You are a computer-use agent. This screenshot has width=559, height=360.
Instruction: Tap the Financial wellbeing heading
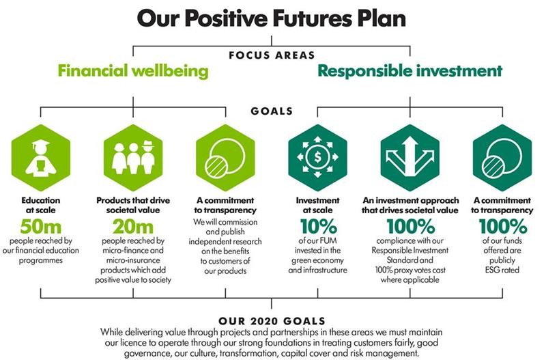point(133,71)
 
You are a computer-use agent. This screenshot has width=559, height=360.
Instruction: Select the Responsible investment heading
point(410,71)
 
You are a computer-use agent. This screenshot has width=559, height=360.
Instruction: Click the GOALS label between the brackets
point(272,111)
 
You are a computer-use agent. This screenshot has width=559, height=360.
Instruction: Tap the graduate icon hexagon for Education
point(41,157)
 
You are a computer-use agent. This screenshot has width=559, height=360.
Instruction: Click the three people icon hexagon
point(133,157)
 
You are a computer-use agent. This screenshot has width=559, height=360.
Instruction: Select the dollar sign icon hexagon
point(317,157)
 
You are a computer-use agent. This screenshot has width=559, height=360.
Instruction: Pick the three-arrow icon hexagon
point(410,157)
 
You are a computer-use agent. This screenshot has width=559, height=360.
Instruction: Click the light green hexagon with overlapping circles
point(225,157)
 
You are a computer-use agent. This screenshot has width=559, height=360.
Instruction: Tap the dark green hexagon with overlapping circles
point(502,157)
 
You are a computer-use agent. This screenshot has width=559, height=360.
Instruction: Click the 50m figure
point(41,226)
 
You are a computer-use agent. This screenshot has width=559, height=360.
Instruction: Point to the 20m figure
point(133,226)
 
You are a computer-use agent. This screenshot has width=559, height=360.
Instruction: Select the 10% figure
point(317,226)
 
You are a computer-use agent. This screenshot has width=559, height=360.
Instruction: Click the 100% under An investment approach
point(410,226)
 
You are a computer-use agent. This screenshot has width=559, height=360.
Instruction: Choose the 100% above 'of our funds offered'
point(502,226)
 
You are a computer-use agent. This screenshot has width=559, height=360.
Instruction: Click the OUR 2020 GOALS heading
point(271,320)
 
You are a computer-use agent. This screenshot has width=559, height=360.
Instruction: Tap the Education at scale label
point(41,206)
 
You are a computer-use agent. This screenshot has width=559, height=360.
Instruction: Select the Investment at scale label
point(317,206)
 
